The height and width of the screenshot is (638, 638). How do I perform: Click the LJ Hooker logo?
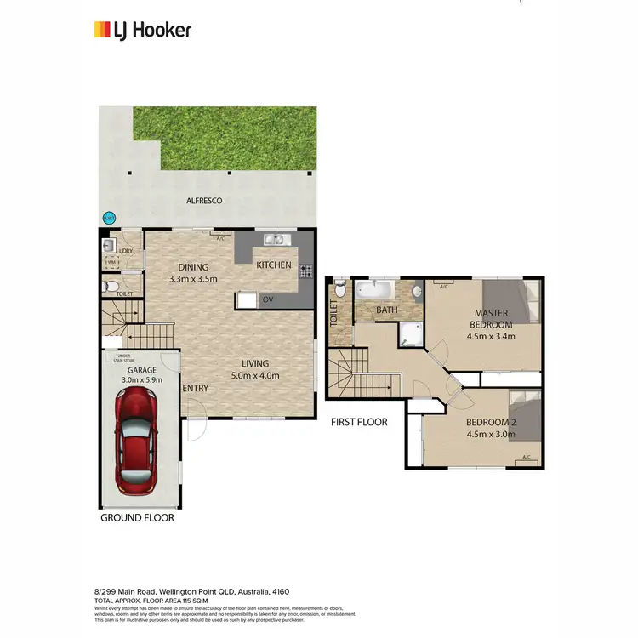142,30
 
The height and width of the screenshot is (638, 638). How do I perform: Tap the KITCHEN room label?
274,265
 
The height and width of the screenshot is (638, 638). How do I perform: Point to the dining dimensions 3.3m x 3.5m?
194,278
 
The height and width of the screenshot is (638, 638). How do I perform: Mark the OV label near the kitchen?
267,299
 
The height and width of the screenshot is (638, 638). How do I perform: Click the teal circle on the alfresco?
108,217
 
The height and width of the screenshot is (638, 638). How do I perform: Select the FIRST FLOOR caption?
359,422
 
